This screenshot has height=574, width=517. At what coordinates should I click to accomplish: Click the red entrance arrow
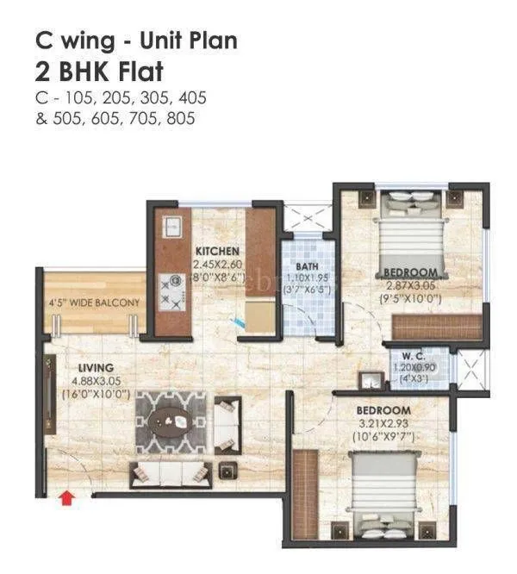tap(66, 498)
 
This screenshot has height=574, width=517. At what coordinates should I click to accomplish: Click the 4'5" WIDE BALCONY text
tap(94, 303)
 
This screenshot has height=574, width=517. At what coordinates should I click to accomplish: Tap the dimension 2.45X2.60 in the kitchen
tap(218, 265)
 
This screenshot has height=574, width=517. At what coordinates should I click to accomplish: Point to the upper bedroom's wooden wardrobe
tap(437, 328)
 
